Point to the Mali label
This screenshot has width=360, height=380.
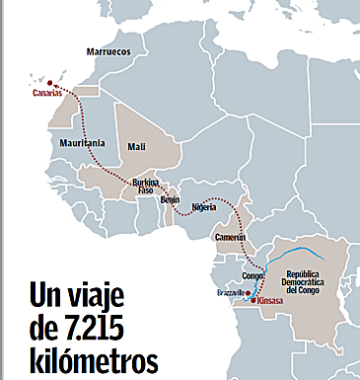point(136,147)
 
